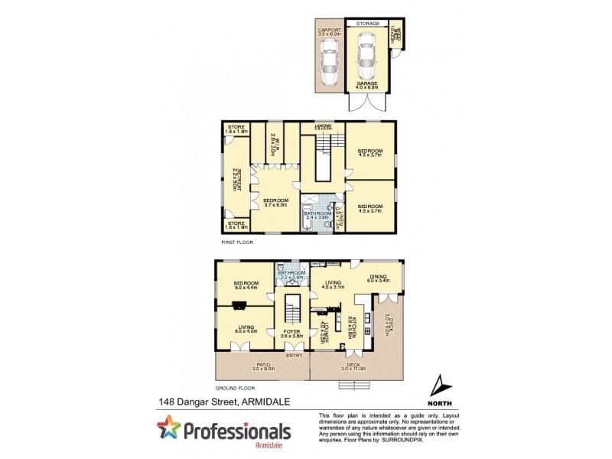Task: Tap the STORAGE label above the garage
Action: point(367,24)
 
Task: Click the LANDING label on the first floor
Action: point(322,125)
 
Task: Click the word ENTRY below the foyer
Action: point(293,355)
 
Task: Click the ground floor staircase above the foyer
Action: point(291,310)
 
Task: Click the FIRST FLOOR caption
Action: point(236,242)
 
